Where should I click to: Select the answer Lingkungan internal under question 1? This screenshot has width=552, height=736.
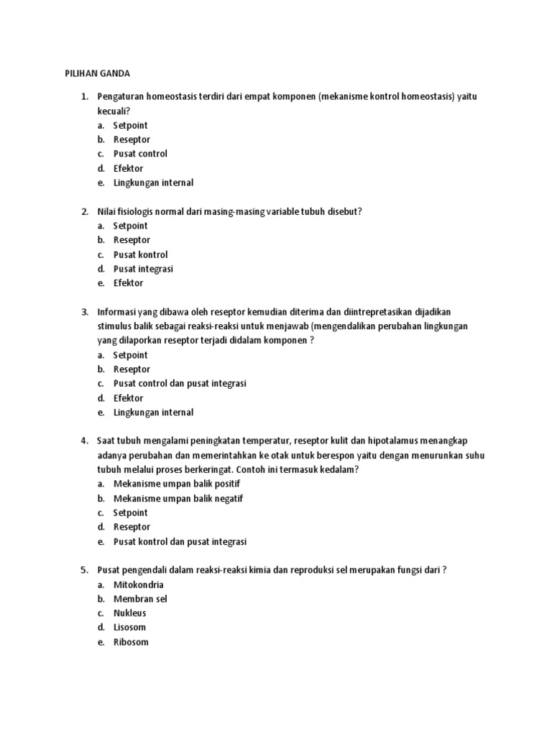tap(153, 183)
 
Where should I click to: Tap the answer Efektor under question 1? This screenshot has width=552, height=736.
tap(128, 168)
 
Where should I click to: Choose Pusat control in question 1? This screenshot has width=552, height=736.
tap(140, 154)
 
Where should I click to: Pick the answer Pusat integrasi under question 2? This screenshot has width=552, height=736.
tap(143, 269)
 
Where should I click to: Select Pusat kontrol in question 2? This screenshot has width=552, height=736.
tap(140, 254)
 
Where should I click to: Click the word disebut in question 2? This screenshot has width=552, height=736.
tap(344, 211)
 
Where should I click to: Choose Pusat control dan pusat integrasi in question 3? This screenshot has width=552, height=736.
tap(180, 384)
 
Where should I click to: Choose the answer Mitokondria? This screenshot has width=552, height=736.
tap(138, 584)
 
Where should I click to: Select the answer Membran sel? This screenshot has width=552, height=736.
tap(140, 599)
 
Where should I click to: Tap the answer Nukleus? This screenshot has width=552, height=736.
tap(129, 613)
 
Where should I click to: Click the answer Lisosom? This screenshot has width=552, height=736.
tap(129, 627)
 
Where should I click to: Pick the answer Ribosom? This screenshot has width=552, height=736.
tap(131, 642)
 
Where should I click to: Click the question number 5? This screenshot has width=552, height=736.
tap(83, 570)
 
